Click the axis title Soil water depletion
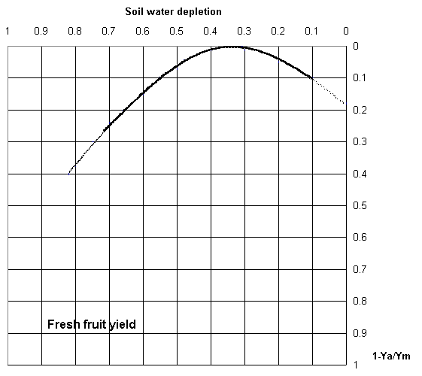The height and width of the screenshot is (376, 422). click(173, 12)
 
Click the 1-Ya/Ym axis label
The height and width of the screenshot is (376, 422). click(391, 356)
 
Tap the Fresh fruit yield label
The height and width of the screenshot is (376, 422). click(92, 325)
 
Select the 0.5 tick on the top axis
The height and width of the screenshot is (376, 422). click(176, 31)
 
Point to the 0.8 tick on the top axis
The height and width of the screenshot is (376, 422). click(74, 31)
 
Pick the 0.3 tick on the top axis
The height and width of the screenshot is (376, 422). click(244, 31)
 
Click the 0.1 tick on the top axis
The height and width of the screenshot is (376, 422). click(311, 31)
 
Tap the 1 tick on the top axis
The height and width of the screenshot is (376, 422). click(8, 31)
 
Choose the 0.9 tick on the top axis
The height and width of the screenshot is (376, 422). click(41, 31)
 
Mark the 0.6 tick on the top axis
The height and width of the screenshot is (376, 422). click(142, 31)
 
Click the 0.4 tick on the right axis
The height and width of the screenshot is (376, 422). click(360, 174)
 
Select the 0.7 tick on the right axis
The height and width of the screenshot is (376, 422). click(360, 269)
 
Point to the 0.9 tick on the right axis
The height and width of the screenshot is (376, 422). click(360, 333)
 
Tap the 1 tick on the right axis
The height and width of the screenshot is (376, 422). click(356, 365)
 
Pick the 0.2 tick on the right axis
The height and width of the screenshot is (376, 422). click(360, 110)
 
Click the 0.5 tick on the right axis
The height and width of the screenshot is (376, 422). click(360, 206)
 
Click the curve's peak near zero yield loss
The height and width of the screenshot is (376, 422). click(231, 47)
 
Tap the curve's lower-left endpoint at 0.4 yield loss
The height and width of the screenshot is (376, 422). click(69, 174)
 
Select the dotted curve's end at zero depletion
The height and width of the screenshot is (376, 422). click(345, 103)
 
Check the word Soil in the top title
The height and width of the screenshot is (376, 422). click(134, 12)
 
